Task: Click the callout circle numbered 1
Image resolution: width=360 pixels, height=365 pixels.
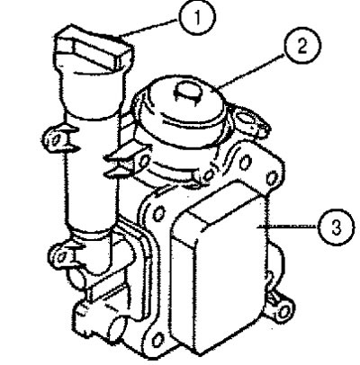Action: (197, 17)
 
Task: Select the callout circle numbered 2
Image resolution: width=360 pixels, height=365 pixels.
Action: (303, 47)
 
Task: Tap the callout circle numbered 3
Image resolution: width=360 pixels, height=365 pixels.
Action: (336, 227)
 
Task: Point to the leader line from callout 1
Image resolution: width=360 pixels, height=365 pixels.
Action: (148, 29)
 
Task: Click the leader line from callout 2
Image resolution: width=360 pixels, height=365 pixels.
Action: (251, 71)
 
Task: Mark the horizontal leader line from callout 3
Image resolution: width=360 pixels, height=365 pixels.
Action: (288, 226)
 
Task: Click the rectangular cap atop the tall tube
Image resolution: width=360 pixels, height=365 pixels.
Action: (94, 49)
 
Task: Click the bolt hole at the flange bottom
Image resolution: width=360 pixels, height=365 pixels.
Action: (157, 340)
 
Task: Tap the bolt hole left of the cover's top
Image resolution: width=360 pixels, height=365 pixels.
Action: (159, 213)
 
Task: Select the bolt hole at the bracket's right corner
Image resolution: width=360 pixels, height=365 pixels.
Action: (271, 178)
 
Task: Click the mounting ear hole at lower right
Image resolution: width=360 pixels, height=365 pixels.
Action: (283, 312)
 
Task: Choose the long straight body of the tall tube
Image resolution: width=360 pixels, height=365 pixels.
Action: (90, 174)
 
